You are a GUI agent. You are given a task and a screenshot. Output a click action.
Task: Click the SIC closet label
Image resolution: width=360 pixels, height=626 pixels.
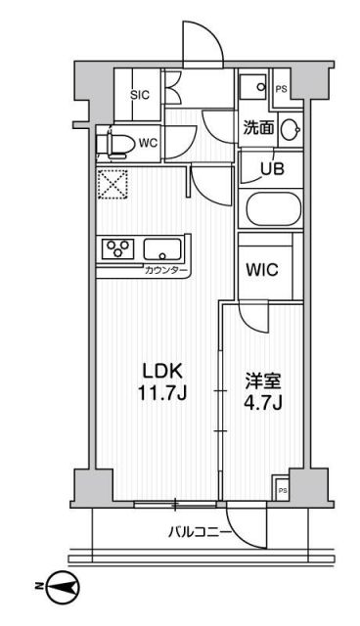pyautogui.click(x=138, y=95)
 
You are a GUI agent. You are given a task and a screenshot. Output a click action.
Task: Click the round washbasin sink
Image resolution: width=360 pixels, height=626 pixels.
pyautogui.click(x=291, y=128)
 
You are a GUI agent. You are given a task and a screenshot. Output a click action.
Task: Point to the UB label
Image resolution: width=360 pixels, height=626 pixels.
pyautogui.click(x=270, y=167)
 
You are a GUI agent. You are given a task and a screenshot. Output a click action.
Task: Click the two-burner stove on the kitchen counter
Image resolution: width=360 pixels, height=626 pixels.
pyautogui.click(x=117, y=248)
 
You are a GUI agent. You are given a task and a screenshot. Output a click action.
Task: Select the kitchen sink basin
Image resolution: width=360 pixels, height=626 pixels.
pyautogui.click(x=161, y=249)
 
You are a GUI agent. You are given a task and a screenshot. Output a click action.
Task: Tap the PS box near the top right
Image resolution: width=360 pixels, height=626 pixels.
pyautogui.click(x=282, y=89)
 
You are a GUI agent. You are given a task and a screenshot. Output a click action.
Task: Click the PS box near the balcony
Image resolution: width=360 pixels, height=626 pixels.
pyautogui.click(x=282, y=489)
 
